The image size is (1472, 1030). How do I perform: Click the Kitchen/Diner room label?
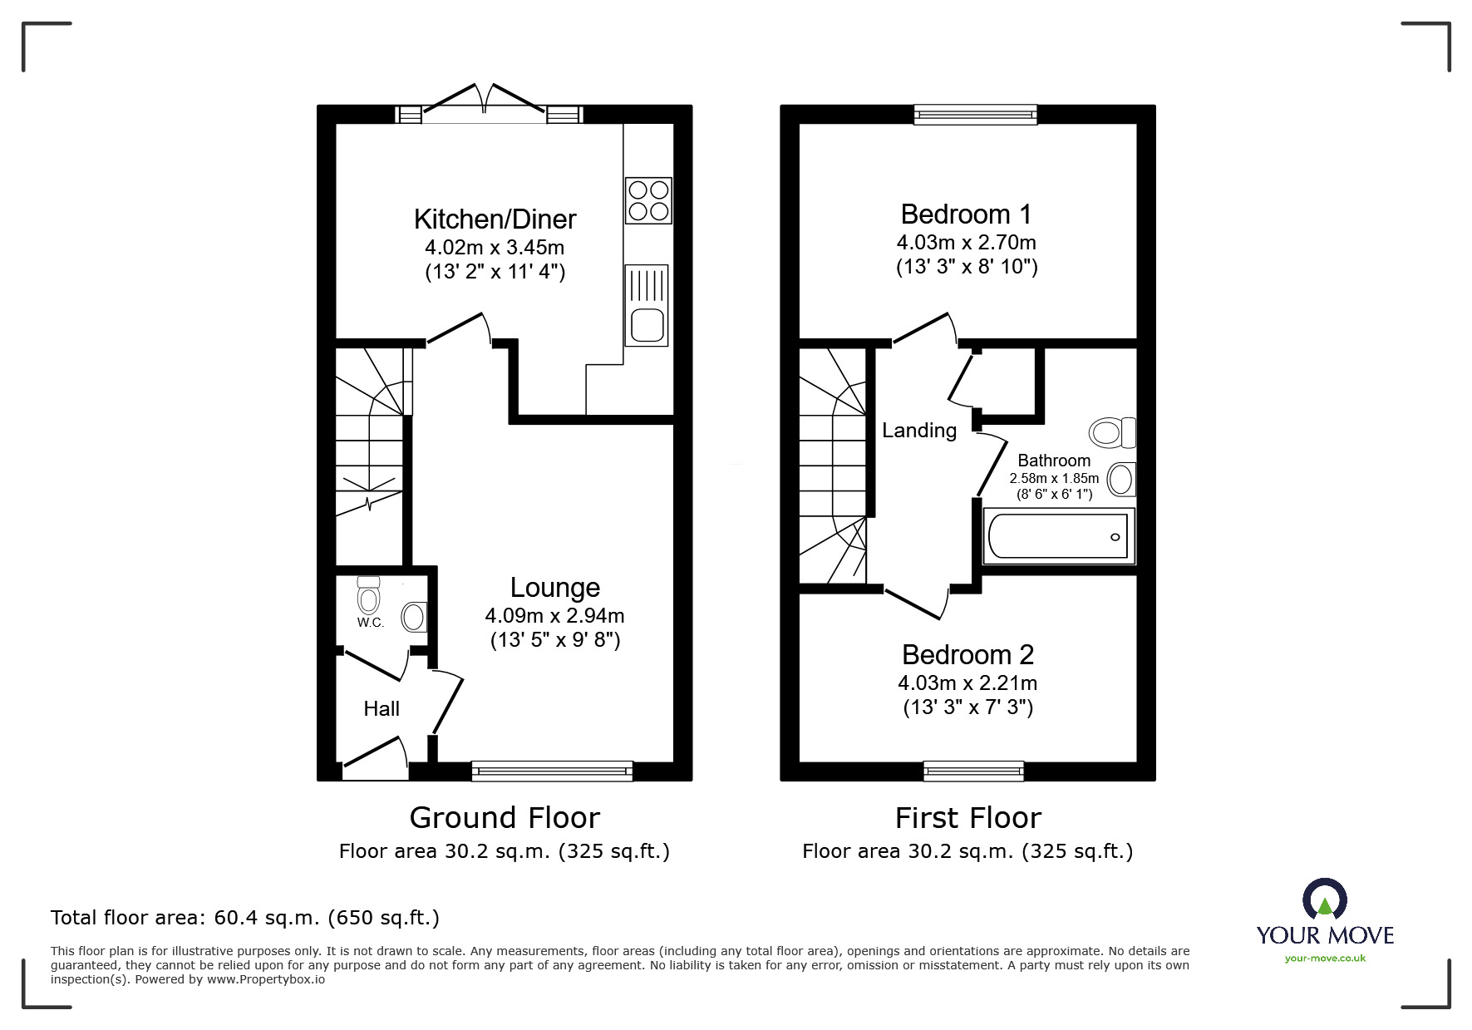pos(495,219)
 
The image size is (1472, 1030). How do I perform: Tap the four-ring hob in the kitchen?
pos(648,200)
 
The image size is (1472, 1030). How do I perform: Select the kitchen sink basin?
pos(647,324)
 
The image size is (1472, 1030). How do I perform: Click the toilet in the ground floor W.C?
pos(368,594)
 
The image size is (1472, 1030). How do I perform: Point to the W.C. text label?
pos(371,623)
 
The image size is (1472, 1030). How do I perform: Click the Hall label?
pos(382,708)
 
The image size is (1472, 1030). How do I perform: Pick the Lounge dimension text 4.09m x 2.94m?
pos(554,616)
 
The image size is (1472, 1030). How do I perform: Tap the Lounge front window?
pos(552,771)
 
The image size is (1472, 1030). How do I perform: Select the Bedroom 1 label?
pos(967,214)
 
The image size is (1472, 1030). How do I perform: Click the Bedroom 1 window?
pos(976,115)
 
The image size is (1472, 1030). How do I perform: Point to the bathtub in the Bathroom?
pos(1058,536)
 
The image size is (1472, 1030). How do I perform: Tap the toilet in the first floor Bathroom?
pos(1112,432)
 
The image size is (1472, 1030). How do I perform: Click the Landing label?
pos(919,431)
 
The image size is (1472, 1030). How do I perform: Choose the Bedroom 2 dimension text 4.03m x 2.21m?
pos(967,683)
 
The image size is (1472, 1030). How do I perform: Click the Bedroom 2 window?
pos(973,771)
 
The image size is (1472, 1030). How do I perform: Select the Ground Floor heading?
pos(505,818)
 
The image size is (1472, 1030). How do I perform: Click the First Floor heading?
pos(968,818)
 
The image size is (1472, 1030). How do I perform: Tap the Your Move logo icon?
pos(1325,899)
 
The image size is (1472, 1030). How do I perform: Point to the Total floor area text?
pos(245,918)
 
